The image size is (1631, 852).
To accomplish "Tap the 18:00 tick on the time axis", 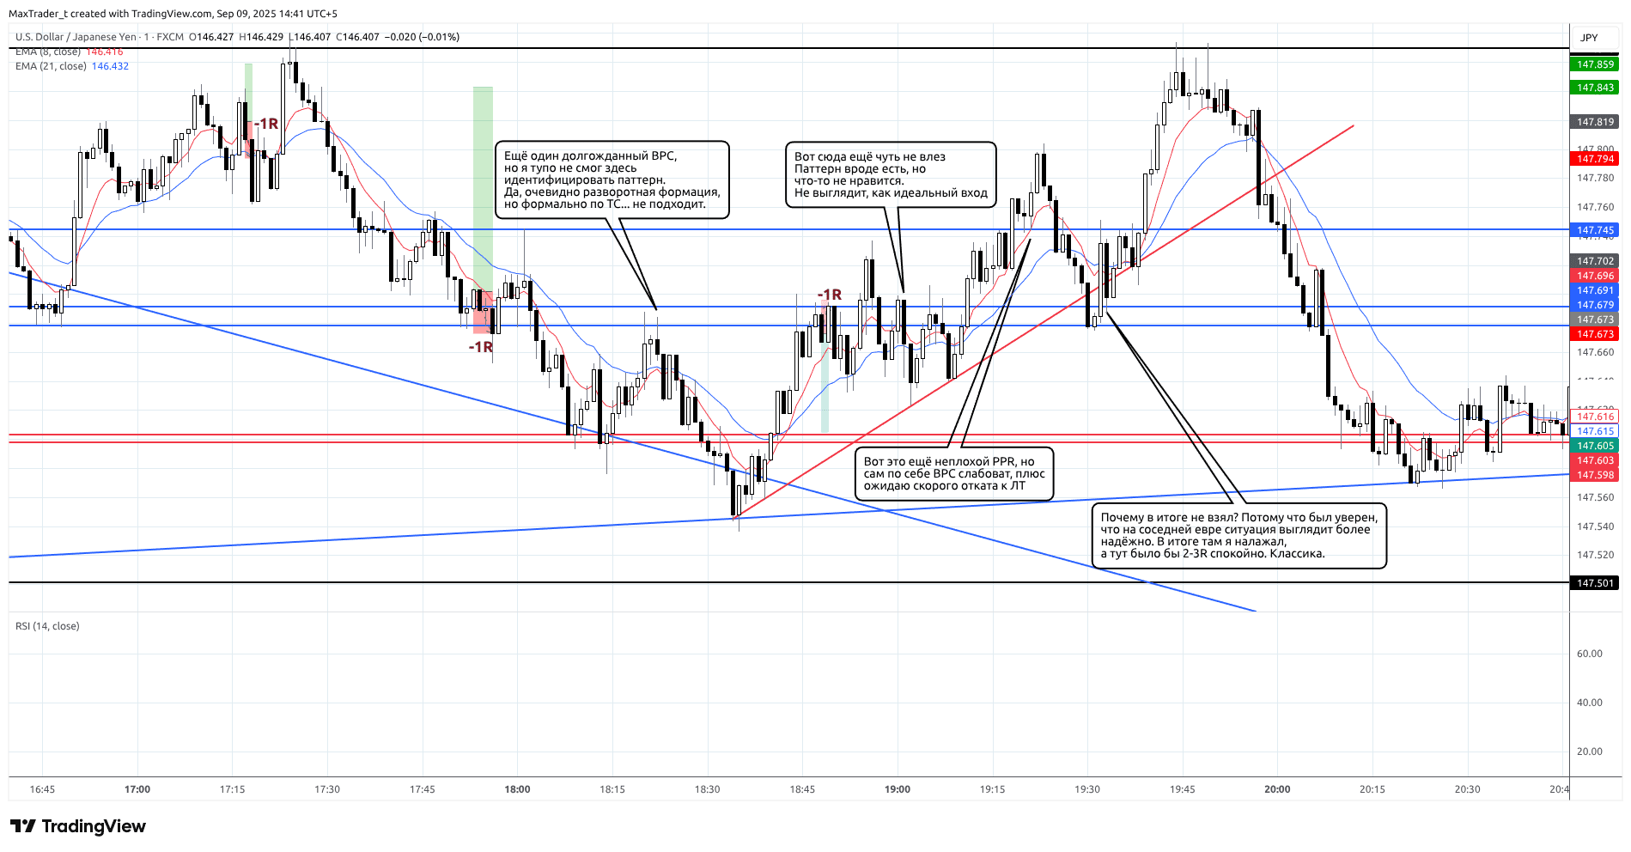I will (x=517, y=789).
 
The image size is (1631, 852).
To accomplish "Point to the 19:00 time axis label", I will (x=898, y=789).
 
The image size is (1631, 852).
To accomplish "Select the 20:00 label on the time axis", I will (x=1277, y=789).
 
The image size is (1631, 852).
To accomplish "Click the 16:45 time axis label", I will (x=42, y=789).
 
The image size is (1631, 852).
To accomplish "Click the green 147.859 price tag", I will (x=1595, y=64).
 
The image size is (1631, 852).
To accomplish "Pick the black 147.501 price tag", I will (x=1595, y=583).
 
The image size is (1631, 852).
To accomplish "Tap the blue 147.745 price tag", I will (x=1595, y=230).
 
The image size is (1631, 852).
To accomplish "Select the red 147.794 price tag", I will (x=1595, y=159).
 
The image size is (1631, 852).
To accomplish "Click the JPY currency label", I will (x=1589, y=38).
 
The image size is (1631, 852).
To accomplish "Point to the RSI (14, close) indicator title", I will (x=47, y=626).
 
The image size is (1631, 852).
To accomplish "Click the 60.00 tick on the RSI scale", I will (x=1589, y=654).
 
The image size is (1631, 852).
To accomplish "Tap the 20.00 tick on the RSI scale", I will (x=1589, y=752).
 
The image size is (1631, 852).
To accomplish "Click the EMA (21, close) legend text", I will (x=51, y=66).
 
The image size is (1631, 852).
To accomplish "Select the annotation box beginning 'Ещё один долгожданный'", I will (x=612, y=180).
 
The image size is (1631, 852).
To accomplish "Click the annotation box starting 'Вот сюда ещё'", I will (x=891, y=175).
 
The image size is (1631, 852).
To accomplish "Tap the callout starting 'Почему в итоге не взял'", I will (x=1238, y=536).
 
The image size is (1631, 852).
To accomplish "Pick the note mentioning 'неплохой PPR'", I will (x=953, y=473).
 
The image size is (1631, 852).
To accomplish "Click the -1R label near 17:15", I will (x=266, y=124).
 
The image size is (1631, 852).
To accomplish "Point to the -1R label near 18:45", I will (x=830, y=295).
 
